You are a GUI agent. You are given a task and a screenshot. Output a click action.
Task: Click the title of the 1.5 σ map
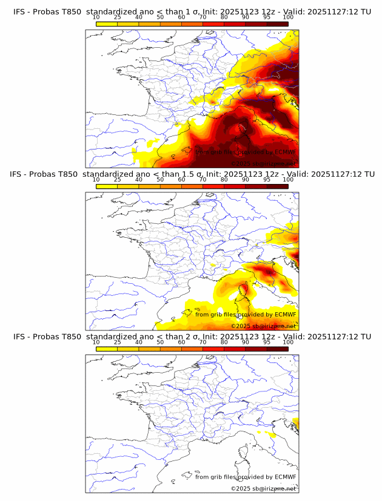pyautogui.click(x=192, y=174)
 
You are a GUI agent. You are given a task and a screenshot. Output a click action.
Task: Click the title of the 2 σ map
pyautogui.click(x=192, y=336)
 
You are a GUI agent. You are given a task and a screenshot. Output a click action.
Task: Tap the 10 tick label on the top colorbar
pyautogui.click(x=96, y=18)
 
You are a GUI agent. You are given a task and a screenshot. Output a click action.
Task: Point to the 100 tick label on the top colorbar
pyautogui.click(x=288, y=18)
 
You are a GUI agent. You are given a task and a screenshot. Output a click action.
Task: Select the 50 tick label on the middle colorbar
pyautogui.click(x=160, y=180)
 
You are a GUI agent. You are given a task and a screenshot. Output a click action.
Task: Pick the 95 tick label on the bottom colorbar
pyautogui.click(x=267, y=342)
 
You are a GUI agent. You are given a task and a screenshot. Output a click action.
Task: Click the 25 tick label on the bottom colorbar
pyautogui.click(x=118, y=342)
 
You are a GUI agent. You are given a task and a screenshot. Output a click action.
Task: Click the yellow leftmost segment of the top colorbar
pyautogui.click(x=107, y=24)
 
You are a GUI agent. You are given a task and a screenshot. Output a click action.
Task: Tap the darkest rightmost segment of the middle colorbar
pyautogui.click(x=277, y=186)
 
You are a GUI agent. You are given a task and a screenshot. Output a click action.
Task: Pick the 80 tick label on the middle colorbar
pyautogui.click(x=224, y=180)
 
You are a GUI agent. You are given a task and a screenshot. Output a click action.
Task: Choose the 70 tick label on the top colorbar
pyautogui.click(x=203, y=18)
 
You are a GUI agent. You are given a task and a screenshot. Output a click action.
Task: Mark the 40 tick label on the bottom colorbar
pyautogui.click(x=139, y=342)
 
